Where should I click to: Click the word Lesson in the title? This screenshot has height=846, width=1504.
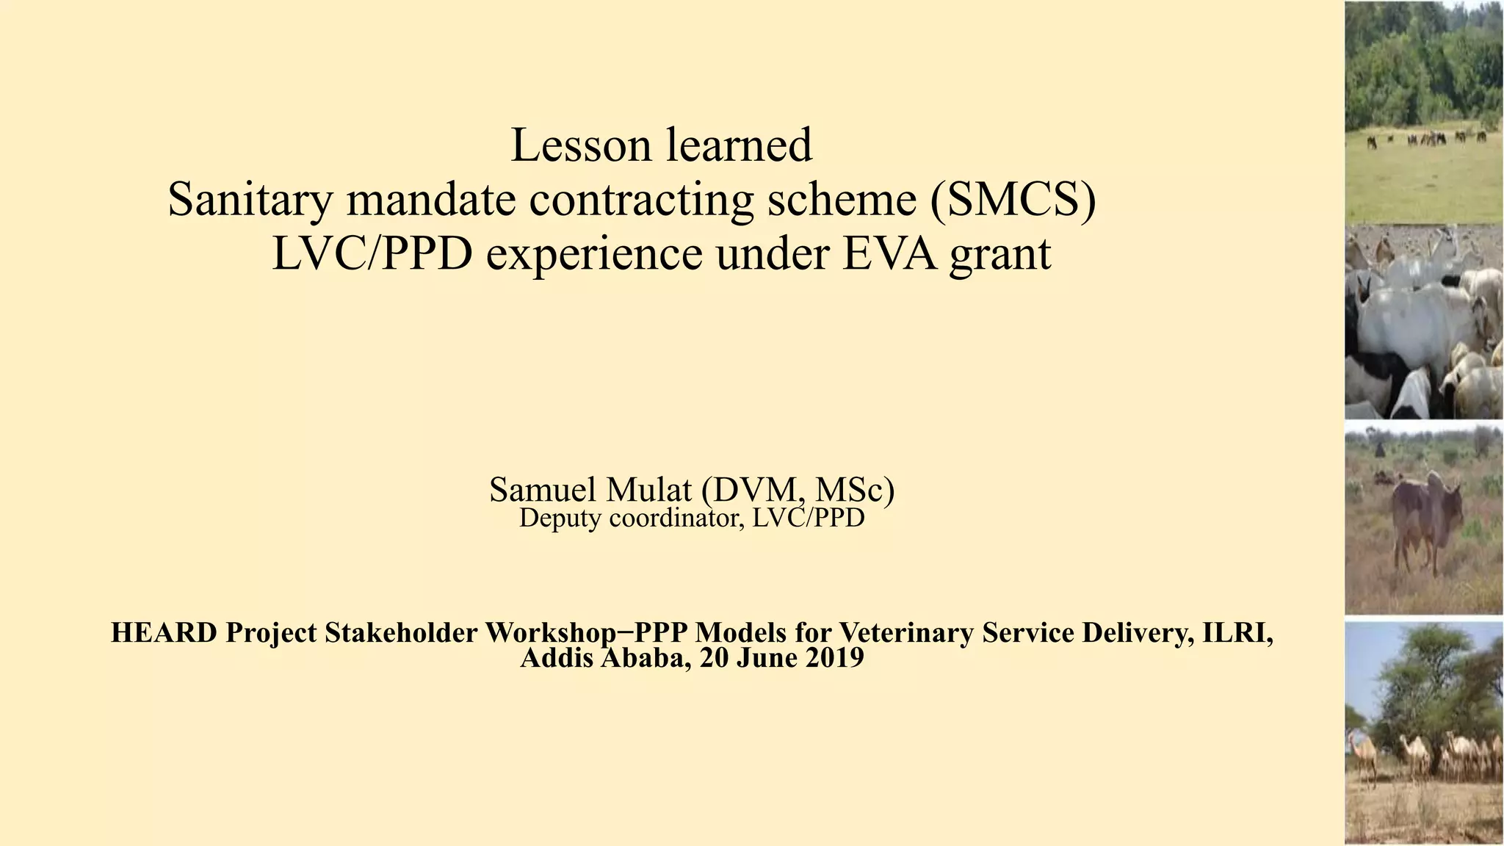tap(578, 145)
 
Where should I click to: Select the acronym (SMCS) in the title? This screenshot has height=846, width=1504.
tap(1013, 200)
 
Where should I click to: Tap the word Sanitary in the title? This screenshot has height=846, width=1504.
tap(250, 200)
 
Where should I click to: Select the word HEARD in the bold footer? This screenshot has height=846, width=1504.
tap(163, 632)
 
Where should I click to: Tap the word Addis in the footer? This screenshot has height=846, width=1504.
tap(557, 658)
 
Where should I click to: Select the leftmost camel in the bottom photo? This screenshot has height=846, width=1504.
tap(1364, 756)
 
